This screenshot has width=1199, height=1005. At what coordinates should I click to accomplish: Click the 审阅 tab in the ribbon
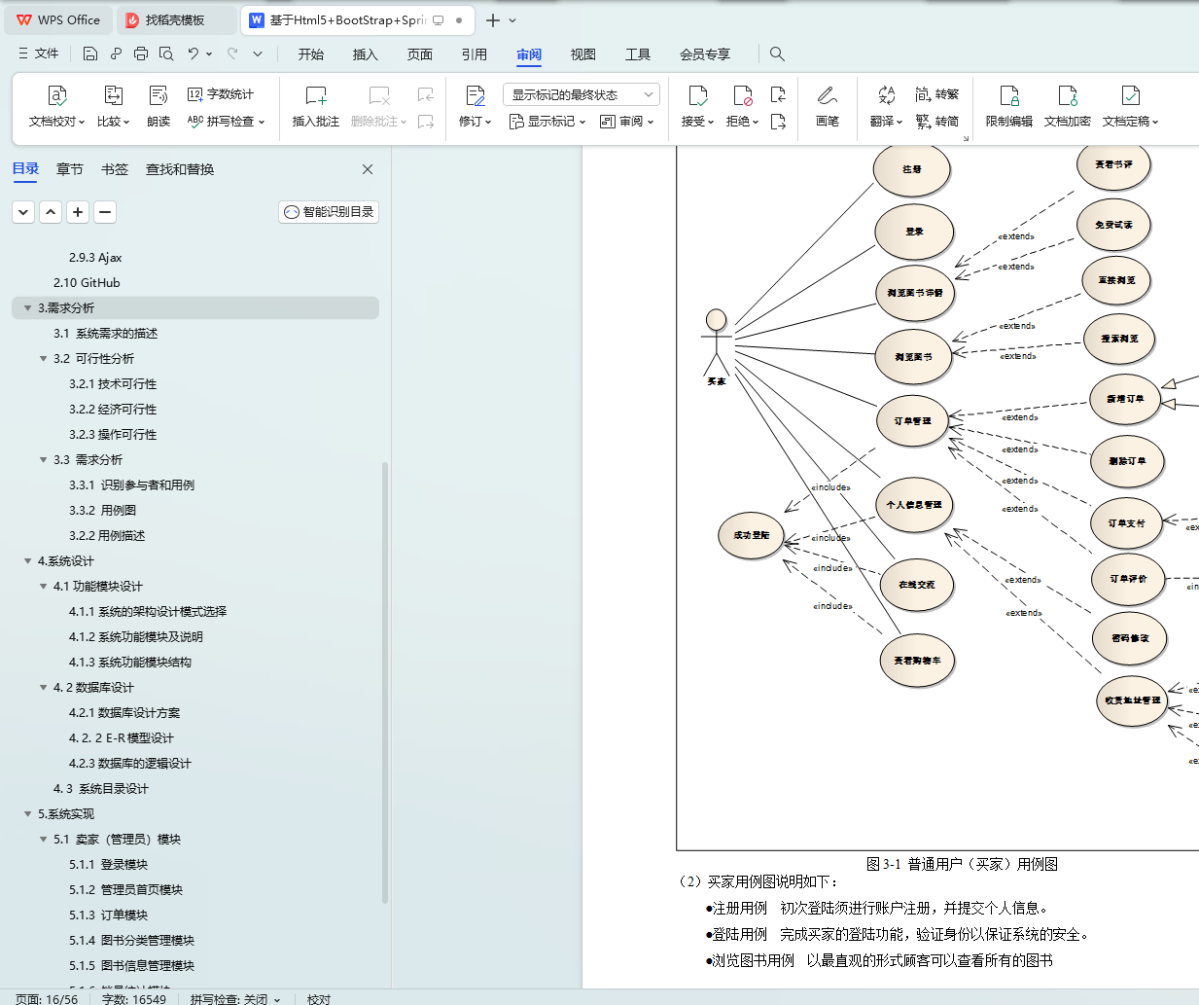529,54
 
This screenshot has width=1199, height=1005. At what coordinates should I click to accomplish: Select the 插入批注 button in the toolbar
316,106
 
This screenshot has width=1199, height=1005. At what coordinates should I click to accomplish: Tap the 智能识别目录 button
329,212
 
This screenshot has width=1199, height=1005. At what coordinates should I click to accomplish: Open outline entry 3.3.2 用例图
103,511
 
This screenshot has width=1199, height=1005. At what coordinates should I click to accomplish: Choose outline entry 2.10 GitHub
87,283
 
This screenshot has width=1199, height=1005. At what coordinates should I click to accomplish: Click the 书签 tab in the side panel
115,169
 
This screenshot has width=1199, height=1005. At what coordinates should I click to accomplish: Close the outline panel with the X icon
368,169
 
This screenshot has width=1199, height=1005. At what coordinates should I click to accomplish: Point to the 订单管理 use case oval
913,421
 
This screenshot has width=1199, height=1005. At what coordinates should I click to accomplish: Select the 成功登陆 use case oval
751,535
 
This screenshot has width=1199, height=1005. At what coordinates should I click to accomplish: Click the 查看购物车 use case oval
917,661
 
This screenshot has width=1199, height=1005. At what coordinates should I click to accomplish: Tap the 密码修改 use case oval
1130,638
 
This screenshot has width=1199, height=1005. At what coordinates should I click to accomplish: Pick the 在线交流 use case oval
917,585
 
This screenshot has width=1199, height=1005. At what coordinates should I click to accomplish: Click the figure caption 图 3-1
962,864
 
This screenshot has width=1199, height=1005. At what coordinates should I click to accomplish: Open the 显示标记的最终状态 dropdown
581,94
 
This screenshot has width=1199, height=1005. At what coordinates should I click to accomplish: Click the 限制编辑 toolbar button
1008,106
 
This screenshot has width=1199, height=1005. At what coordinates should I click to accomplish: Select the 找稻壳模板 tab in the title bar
175,20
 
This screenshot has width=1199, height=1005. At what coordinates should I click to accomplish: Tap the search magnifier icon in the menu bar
777,54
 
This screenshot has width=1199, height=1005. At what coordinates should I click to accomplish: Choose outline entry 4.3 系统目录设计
101,789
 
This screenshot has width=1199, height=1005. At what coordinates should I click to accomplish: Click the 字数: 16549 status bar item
134,999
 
